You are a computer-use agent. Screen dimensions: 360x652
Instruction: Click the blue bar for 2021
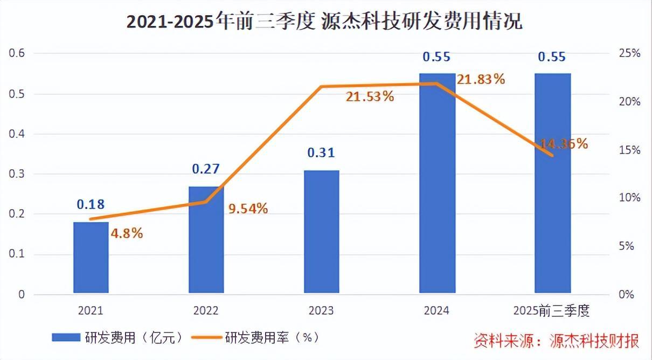[91, 258]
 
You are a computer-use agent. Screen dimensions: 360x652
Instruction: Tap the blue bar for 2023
[321, 232]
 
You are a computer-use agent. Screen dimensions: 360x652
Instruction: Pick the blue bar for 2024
[437, 184]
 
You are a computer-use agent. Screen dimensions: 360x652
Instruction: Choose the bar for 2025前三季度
[552, 184]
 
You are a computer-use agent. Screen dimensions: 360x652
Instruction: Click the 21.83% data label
[481, 79]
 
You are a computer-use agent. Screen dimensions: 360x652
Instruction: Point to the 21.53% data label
[370, 97]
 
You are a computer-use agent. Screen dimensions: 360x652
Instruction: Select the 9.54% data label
[248, 209]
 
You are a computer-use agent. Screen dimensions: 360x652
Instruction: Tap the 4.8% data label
[127, 233]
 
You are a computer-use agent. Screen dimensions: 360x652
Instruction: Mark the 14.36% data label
[563, 143]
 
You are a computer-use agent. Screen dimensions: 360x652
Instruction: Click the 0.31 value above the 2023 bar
[321, 153]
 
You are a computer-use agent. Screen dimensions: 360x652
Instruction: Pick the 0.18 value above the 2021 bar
[91, 204]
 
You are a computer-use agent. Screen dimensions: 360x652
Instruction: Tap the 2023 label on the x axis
[321, 311]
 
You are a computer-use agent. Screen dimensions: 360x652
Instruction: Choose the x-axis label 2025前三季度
[551, 311]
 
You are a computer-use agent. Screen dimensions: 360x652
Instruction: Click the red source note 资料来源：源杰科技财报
[557, 341]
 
